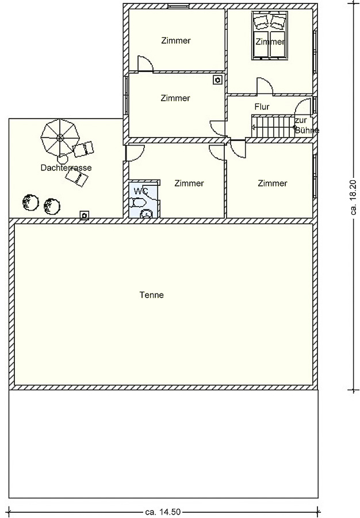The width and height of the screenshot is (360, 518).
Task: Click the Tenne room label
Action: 151,295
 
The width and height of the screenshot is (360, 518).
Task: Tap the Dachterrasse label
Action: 66,167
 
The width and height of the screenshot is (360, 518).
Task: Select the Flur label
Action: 262,106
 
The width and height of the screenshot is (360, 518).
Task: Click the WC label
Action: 140,191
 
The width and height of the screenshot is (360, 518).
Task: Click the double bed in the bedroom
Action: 269,36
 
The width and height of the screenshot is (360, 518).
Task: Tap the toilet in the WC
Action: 138,202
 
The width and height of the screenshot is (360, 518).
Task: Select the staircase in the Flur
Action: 273,126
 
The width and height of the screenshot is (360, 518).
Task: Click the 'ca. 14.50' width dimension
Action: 163,512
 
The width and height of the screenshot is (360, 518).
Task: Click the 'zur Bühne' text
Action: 307,125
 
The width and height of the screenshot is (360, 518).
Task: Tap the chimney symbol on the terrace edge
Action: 85,215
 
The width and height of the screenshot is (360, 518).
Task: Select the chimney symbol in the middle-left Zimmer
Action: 217,80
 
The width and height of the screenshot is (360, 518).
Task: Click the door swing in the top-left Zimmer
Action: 145,63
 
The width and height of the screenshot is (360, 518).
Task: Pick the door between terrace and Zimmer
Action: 135,153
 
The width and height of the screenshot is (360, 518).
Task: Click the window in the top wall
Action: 178,6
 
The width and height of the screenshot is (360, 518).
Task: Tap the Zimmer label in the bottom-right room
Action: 273,183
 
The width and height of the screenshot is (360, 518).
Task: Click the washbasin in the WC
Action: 146,214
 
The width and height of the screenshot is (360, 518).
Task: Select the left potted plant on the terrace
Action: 30,202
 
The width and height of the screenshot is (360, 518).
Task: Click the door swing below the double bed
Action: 265,86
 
